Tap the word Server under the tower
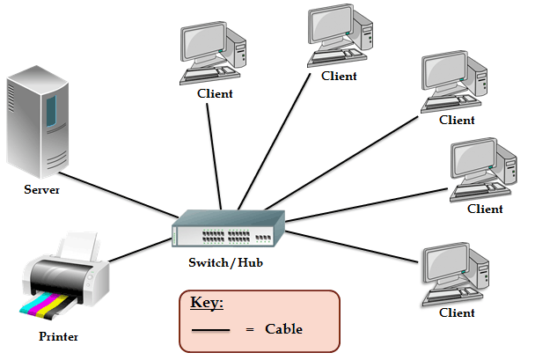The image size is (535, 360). pos(41,189)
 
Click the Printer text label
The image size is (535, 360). pos(59,336)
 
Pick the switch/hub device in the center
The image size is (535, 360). pos(229,231)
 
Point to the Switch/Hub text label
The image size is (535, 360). pos(224,262)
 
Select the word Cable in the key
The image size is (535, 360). pos(283,329)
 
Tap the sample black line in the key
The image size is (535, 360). pos(210,330)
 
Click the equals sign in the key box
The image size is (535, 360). pos(250,329)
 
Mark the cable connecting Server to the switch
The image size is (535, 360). pos(123,195)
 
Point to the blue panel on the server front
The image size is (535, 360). pos(51,110)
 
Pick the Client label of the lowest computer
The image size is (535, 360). pos(456,312)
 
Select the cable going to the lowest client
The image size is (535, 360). pos(352,247)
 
